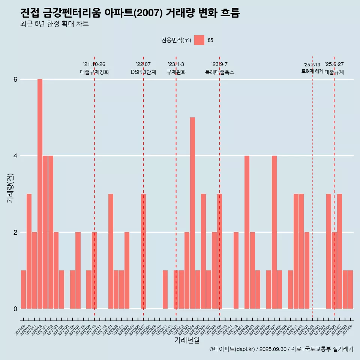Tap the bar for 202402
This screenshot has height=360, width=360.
[247, 232]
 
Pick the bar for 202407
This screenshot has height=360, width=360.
[274, 232]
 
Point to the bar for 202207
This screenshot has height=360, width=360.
[143, 251]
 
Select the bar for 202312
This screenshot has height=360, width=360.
[236, 270]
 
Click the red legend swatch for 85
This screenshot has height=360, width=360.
[199, 40]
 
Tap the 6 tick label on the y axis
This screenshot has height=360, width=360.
[15, 79]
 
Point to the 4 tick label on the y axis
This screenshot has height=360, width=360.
[15, 156]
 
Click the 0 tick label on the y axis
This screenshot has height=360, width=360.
[15, 309]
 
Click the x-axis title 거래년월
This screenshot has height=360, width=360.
[187, 340]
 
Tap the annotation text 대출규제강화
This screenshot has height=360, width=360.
[94, 72]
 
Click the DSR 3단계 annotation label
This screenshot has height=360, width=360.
[143, 72]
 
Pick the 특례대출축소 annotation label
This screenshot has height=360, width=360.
[219, 72]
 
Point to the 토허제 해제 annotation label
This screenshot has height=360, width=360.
[312, 71]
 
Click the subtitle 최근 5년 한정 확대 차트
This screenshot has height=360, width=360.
[55, 24]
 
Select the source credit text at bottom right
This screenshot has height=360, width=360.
[281, 349]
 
